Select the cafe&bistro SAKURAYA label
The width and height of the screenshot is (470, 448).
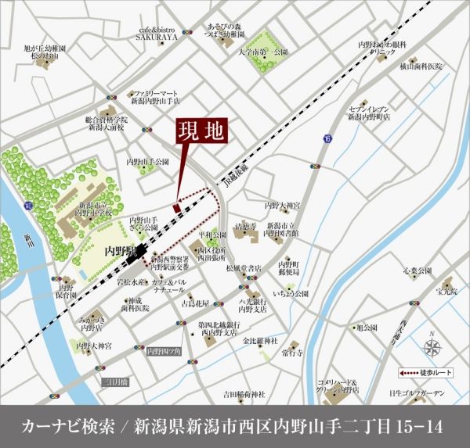156,32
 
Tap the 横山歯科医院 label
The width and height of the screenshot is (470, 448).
421,67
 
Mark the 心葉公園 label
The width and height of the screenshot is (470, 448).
417,271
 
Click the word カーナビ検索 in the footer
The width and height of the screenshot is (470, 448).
63,426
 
